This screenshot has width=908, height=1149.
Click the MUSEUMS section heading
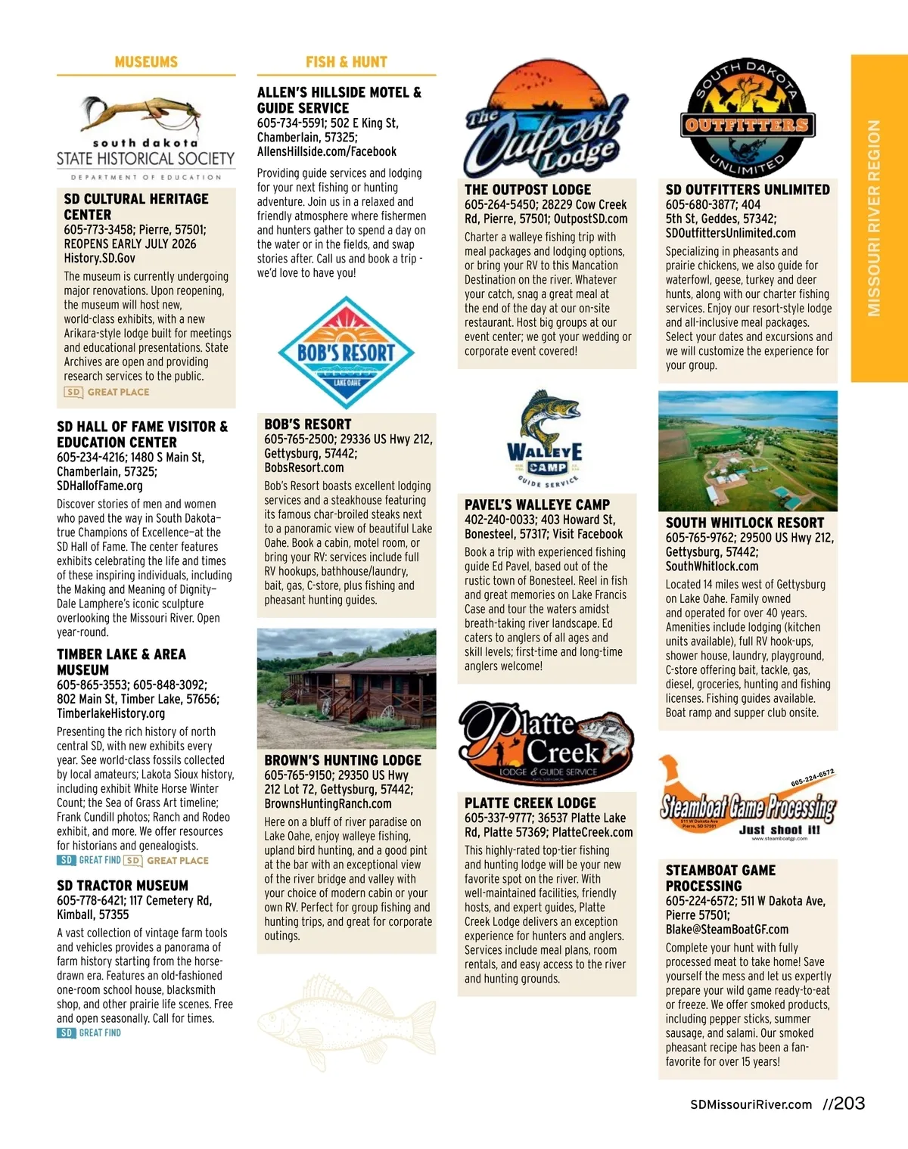click(146, 62)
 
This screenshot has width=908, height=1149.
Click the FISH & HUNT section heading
click(347, 62)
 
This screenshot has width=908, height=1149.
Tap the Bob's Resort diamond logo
click(347, 353)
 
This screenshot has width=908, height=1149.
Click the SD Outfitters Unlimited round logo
click(747, 118)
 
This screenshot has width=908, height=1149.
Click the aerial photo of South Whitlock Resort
click(748, 451)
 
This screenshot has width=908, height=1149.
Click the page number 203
click(849, 1104)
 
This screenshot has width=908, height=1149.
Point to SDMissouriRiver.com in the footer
click(751, 1104)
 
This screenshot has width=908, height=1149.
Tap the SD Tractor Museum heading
click(123, 885)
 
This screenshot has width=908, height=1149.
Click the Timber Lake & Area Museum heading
click(121, 662)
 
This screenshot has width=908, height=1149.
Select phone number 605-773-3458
click(97, 229)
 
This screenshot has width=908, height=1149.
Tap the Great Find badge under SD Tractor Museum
click(89, 1033)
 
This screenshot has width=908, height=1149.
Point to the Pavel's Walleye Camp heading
click(537, 505)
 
